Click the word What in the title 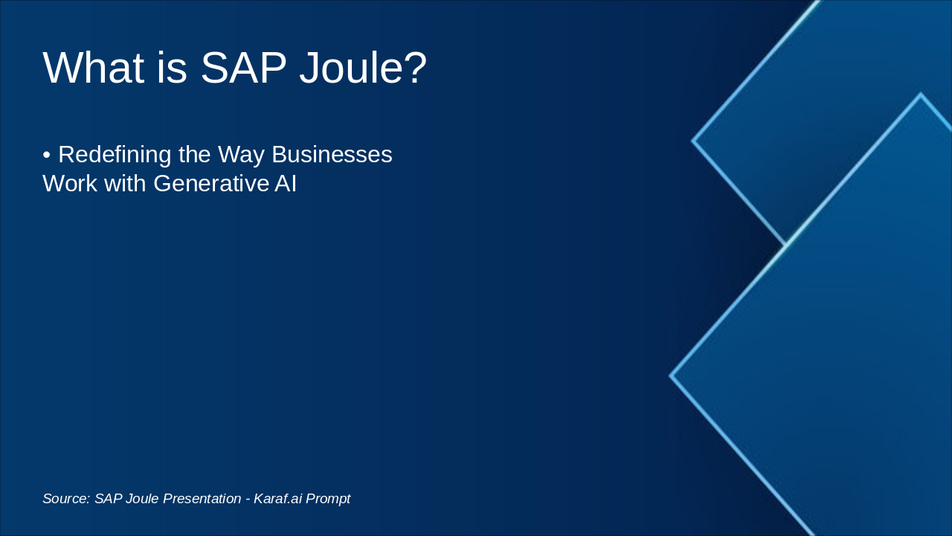pos(93,68)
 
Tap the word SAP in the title pos(243,68)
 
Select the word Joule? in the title pos(363,68)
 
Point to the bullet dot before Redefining pos(46,156)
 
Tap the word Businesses pos(332,155)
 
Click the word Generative pos(212,183)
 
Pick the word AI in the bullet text pos(286,183)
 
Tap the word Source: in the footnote pos(65,499)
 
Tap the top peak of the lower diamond pos(920,95)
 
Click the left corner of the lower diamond pos(672,376)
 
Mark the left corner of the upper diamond pos(693,140)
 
